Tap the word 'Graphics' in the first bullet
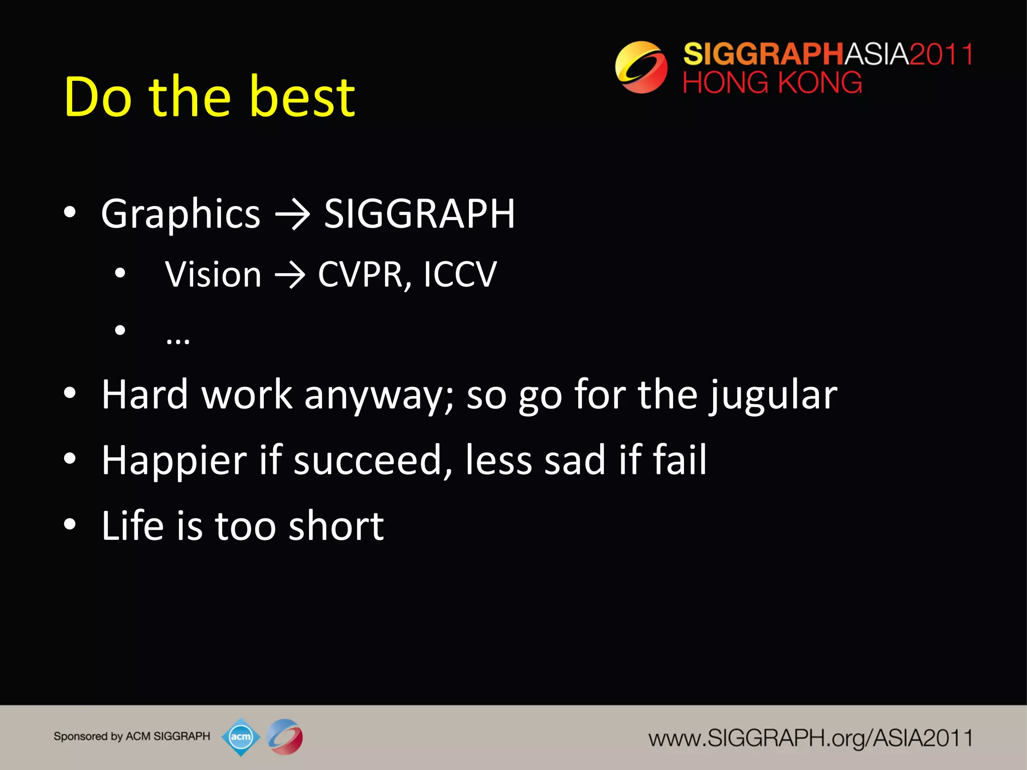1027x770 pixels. coord(181,214)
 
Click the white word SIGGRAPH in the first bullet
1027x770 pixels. coord(419,214)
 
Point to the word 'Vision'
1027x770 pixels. coord(213,275)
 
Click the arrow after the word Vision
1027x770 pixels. coord(290,275)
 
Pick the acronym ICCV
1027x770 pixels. coord(460,275)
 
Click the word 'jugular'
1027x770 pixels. coord(773,396)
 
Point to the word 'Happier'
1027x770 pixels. coord(175,460)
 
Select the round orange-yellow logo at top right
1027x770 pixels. coord(641,67)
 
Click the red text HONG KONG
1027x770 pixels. coord(772,83)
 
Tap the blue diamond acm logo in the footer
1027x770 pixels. coord(241,737)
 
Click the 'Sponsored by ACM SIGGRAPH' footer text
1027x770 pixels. coord(132,736)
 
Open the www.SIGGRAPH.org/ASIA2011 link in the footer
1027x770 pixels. coord(810,738)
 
